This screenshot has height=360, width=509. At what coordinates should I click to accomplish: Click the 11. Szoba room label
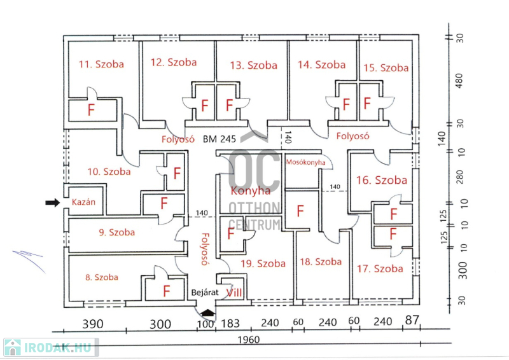tap(101, 64)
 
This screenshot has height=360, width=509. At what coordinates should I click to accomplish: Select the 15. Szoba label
tap(386, 67)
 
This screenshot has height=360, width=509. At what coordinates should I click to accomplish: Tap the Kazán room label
tap(83, 202)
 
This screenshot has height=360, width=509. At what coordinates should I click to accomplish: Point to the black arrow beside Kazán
tap(52, 202)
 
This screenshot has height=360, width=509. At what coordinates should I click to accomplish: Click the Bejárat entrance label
tap(205, 293)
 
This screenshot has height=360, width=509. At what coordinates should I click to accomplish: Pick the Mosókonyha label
tap(305, 163)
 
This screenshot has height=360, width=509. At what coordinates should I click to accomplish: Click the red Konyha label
tap(250, 190)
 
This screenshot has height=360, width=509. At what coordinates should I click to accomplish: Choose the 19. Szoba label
tap(263, 263)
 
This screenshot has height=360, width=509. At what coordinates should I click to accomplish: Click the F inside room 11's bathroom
tap(90, 109)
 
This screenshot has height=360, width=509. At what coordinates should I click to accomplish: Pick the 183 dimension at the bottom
tap(231, 324)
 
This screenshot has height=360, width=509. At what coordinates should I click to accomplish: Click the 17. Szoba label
tap(379, 268)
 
